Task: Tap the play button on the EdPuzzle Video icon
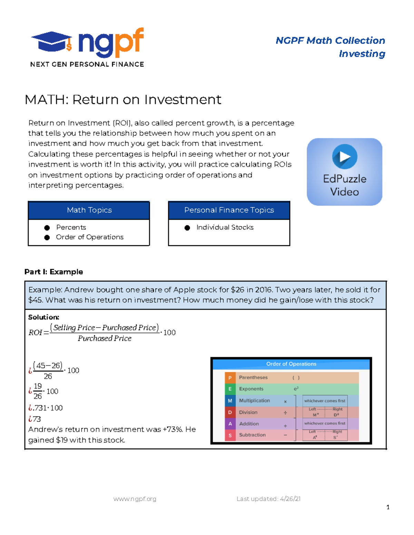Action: pyautogui.click(x=345, y=156)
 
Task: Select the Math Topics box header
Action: pyautogui.click(x=89, y=210)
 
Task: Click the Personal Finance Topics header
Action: pyautogui.click(x=229, y=210)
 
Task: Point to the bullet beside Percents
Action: pyautogui.click(x=47, y=228)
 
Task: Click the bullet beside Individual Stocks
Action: pyautogui.click(x=187, y=228)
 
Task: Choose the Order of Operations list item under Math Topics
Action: pyautogui.click(x=90, y=237)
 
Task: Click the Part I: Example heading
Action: pyautogui.click(x=53, y=272)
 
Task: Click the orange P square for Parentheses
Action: pyautogui.click(x=230, y=378)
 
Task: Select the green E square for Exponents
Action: pyautogui.click(x=230, y=389)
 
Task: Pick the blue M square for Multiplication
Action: pyautogui.click(x=230, y=401)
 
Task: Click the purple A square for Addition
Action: pyautogui.click(x=230, y=424)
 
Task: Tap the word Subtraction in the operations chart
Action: pyautogui.click(x=252, y=435)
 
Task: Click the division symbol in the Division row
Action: pyautogui.click(x=285, y=413)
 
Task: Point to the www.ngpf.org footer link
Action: pyautogui.click(x=135, y=499)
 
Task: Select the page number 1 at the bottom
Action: pyautogui.click(x=388, y=507)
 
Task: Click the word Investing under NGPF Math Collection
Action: pyautogui.click(x=362, y=54)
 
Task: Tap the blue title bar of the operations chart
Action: pyautogui.click(x=291, y=364)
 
